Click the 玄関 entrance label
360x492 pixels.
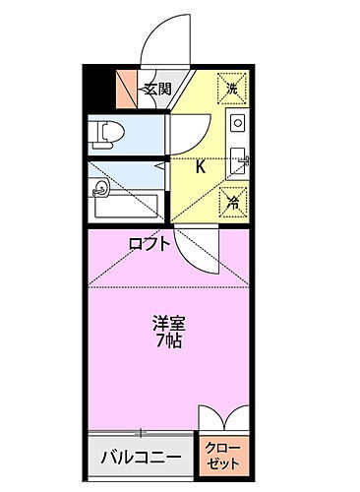point(157,91)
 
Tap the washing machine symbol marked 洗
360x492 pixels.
point(232,89)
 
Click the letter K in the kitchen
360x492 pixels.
point(201,166)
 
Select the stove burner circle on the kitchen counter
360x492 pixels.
point(236,124)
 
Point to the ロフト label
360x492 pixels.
point(149,242)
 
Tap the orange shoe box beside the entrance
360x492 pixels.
point(128,91)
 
